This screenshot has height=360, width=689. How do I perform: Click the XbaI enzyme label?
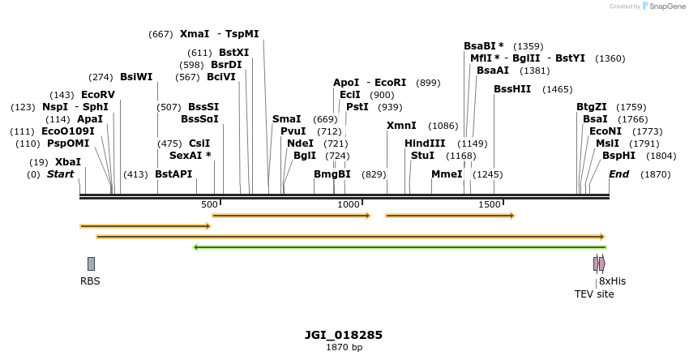click(68, 161)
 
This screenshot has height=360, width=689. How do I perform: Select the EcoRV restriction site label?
click(98, 95)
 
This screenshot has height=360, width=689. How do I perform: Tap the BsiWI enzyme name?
click(136, 76)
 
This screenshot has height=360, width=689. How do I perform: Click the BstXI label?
click(234, 52)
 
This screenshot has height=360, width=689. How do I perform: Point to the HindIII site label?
click(425, 144)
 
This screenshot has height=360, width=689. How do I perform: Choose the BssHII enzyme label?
click(512, 88)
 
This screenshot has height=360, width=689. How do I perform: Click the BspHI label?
click(618, 155)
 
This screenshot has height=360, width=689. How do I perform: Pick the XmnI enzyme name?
click(401, 125)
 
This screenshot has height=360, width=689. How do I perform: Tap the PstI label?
click(357, 106)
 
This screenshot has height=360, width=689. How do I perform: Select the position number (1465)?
click(558, 89)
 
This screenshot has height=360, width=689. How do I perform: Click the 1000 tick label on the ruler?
click(349, 205)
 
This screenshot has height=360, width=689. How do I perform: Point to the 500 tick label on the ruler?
click(209, 205)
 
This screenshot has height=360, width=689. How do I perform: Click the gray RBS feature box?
click(91, 264)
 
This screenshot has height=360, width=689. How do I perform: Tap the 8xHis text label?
click(612, 281)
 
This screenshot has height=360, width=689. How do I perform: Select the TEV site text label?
click(594, 294)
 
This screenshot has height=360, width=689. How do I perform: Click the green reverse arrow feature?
click(399, 247)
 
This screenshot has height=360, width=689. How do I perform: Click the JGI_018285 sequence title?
click(344, 335)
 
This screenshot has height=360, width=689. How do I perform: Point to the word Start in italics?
click(60, 174)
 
